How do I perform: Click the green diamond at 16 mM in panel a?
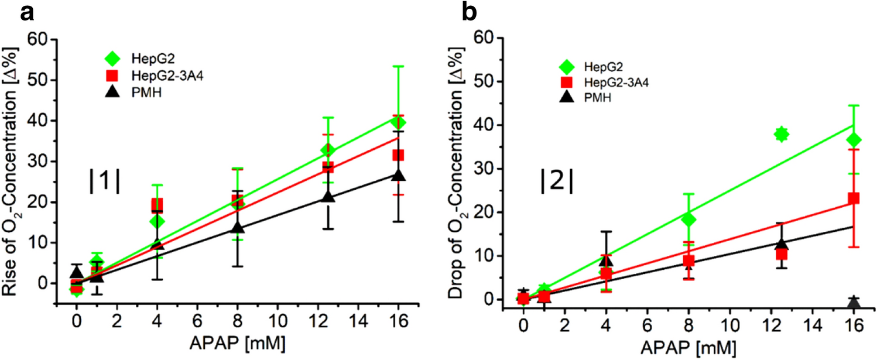coord(399,122)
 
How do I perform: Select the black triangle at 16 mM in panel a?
coord(399,175)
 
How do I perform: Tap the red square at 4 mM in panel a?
coord(157,205)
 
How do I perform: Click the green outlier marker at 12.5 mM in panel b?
coord(781,135)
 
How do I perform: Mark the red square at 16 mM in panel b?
coord(854,198)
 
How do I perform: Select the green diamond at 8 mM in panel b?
coord(688,220)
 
